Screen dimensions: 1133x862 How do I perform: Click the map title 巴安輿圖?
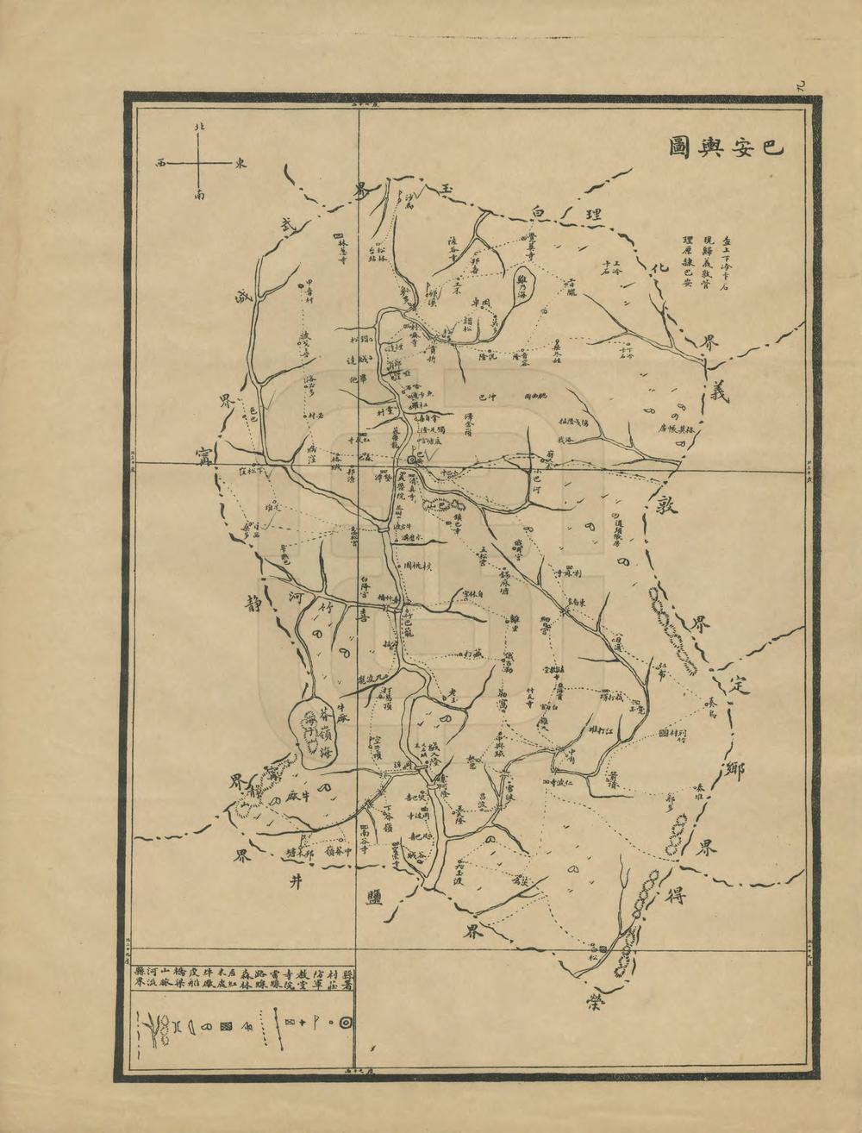point(727,147)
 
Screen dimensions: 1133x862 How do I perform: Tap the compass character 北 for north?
point(200,127)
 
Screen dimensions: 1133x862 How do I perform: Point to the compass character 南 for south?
point(200,197)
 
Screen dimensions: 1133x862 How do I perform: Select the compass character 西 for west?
point(160,161)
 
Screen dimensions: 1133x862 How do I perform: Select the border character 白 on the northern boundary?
point(540,210)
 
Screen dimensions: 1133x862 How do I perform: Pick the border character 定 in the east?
point(736,686)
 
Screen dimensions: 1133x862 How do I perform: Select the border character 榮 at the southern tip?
point(593,998)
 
